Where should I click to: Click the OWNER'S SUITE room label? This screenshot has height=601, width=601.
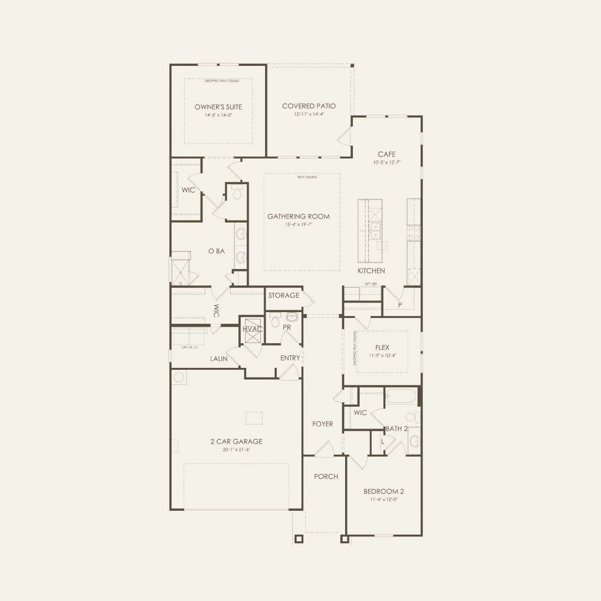point(218,107)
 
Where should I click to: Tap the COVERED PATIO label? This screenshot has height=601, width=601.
point(309,106)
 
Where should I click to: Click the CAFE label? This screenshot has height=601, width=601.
point(387,154)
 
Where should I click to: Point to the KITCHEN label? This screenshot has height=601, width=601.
point(371,271)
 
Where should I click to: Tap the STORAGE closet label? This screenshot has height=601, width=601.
point(284,295)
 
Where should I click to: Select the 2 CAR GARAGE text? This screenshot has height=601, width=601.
point(236,442)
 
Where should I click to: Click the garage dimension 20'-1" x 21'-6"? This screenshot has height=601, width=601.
point(236,450)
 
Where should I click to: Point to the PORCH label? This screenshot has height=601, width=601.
point(326,476)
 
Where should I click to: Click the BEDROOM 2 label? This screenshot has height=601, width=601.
point(384,491)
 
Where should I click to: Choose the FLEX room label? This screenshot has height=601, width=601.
point(382,348)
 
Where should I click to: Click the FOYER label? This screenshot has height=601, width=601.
point(322,424)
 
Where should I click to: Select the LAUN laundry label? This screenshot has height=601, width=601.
point(219,359)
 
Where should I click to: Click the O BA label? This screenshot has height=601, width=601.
point(216,251)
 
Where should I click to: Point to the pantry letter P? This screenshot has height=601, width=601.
point(400,305)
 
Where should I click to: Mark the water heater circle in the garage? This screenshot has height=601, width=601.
point(178,377)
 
